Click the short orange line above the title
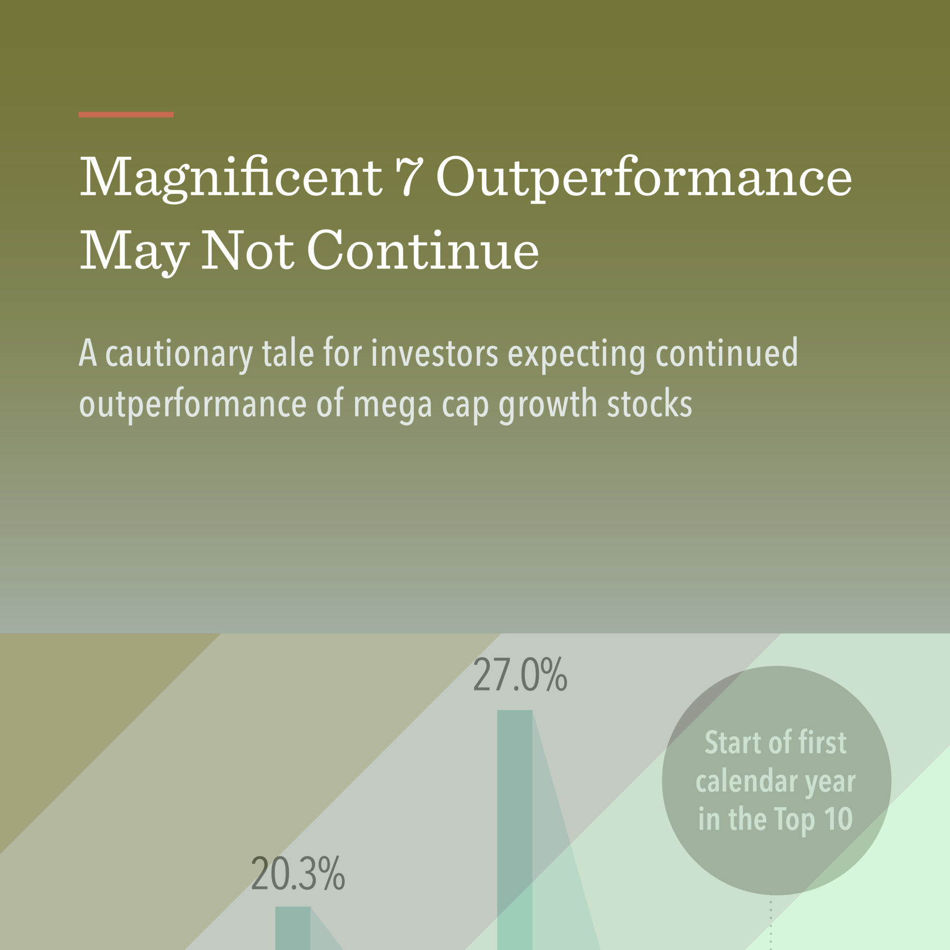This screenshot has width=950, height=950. click(x=126, y=115)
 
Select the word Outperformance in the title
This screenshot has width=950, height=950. click(x=644, y=178)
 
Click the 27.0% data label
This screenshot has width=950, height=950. click(x=520, y=675)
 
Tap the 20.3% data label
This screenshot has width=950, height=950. click(x=298, y=875)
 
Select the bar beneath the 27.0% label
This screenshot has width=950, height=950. click(x=515, y=829)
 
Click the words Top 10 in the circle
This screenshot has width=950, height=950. click(x=813, y=819)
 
